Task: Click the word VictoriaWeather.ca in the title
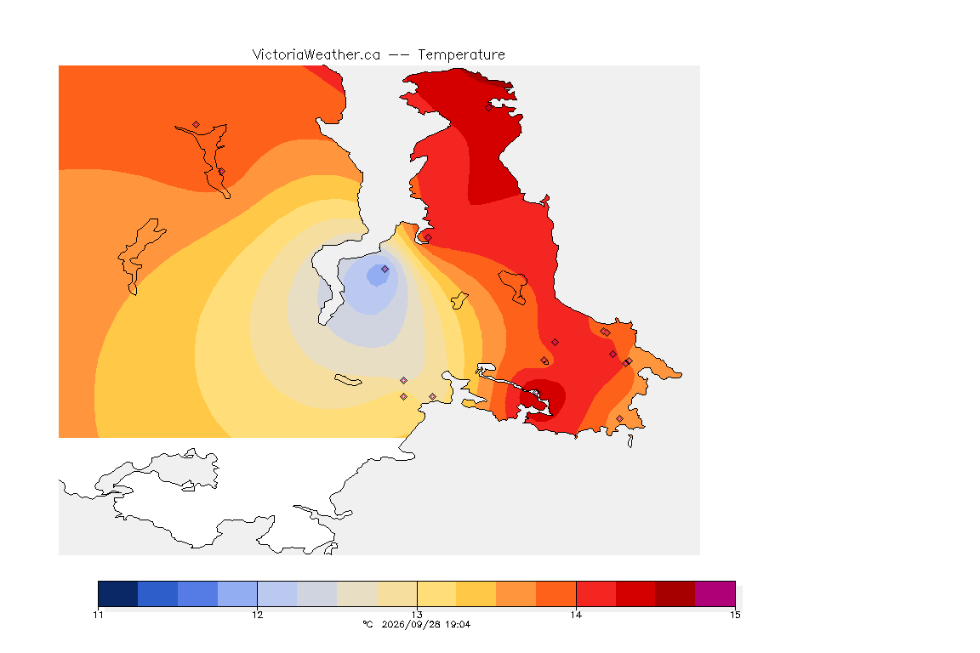pos(316,55)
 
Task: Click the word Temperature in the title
pos(461,55)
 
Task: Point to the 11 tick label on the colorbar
pos(98,615)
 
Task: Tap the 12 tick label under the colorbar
pos(258,615)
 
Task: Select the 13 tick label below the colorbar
pos(417,615)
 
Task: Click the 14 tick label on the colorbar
pos(576,615)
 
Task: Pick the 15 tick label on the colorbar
pos(736,615)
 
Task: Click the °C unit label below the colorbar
pos(367,624)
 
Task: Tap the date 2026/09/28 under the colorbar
pos(408,624)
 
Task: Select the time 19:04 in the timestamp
pos(458,624)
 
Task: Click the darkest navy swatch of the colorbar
pos(118,593)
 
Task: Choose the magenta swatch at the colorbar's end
pos(715,593)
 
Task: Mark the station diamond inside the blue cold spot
pos(385,270)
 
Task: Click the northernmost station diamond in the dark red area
pos(489,107)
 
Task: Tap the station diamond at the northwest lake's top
pos(197,125)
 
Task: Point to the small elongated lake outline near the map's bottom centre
pos(348,380)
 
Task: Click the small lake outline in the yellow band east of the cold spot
pos(459,301)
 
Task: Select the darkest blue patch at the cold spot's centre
pos(377,275)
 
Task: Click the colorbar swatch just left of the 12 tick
pos(237,593)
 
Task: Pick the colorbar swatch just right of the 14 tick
pos(596,593)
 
